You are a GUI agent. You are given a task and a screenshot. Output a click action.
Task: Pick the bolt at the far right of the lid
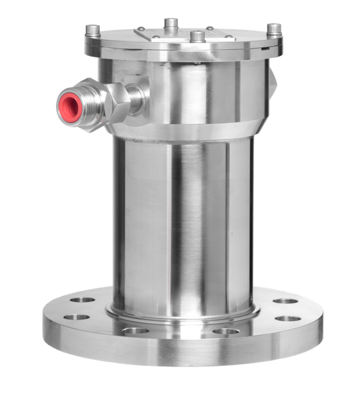click(273, 29)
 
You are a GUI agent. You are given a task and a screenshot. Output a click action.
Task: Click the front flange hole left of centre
click(136, 330)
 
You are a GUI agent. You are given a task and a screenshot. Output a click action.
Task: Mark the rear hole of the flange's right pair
click(285, 301)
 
